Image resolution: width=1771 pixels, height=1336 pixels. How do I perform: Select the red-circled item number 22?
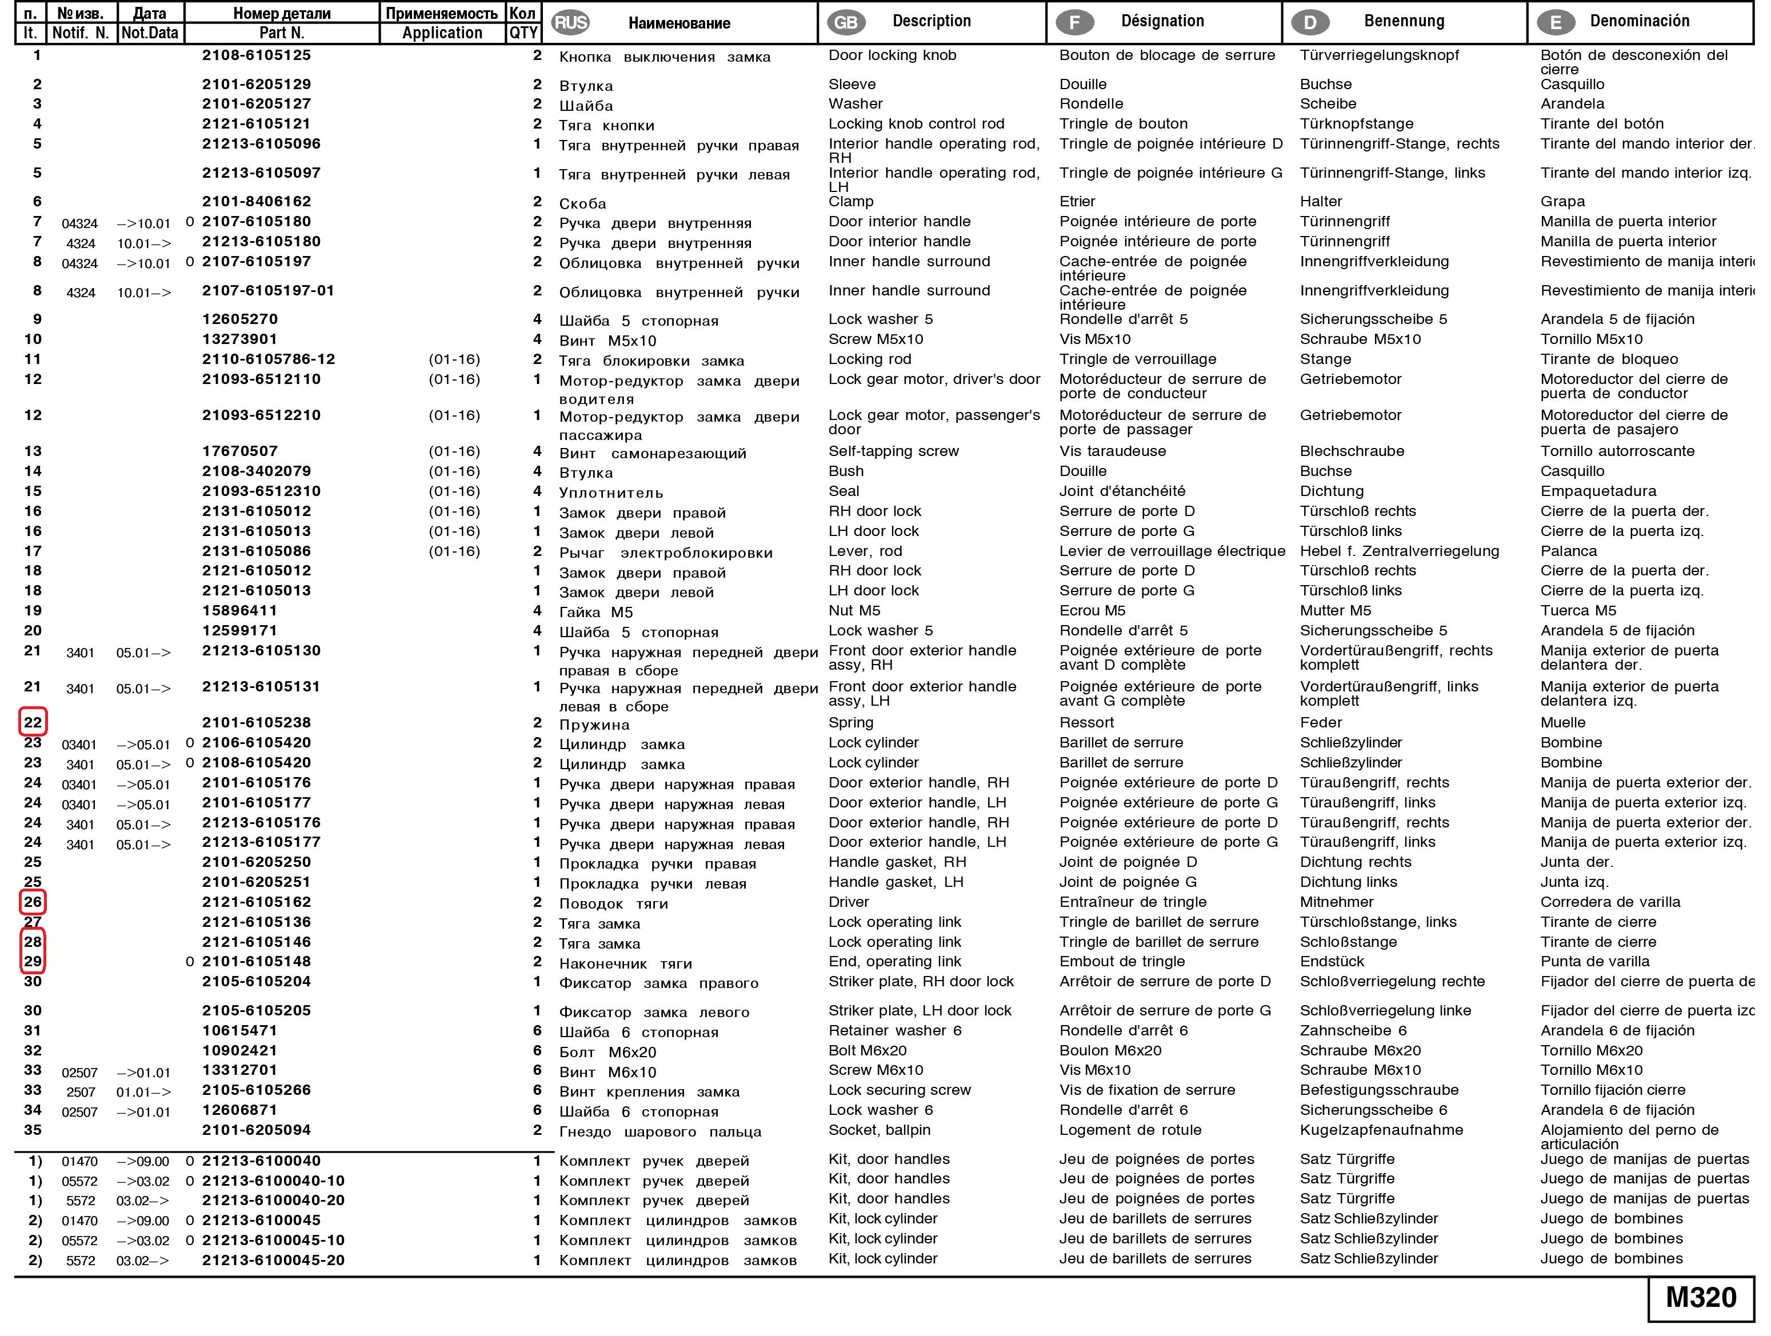(33, 723)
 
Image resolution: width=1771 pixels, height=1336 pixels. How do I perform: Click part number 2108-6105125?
(256, 55)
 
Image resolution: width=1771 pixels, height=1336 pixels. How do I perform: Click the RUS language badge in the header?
(571, 22)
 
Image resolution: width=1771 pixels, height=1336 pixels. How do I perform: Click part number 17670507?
(239, 451)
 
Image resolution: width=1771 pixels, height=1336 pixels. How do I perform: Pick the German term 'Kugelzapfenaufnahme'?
(1381, 1130)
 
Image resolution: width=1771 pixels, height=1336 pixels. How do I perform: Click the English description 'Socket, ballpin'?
(879, 1130)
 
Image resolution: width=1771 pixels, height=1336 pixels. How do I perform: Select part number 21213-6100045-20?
(273, 1260)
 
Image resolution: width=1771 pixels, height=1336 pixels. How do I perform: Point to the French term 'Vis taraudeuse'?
(1112, 451)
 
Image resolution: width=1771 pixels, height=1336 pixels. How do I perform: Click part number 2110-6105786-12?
(268, 359)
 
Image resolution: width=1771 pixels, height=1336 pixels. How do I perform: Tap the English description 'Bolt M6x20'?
(867, 1051)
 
